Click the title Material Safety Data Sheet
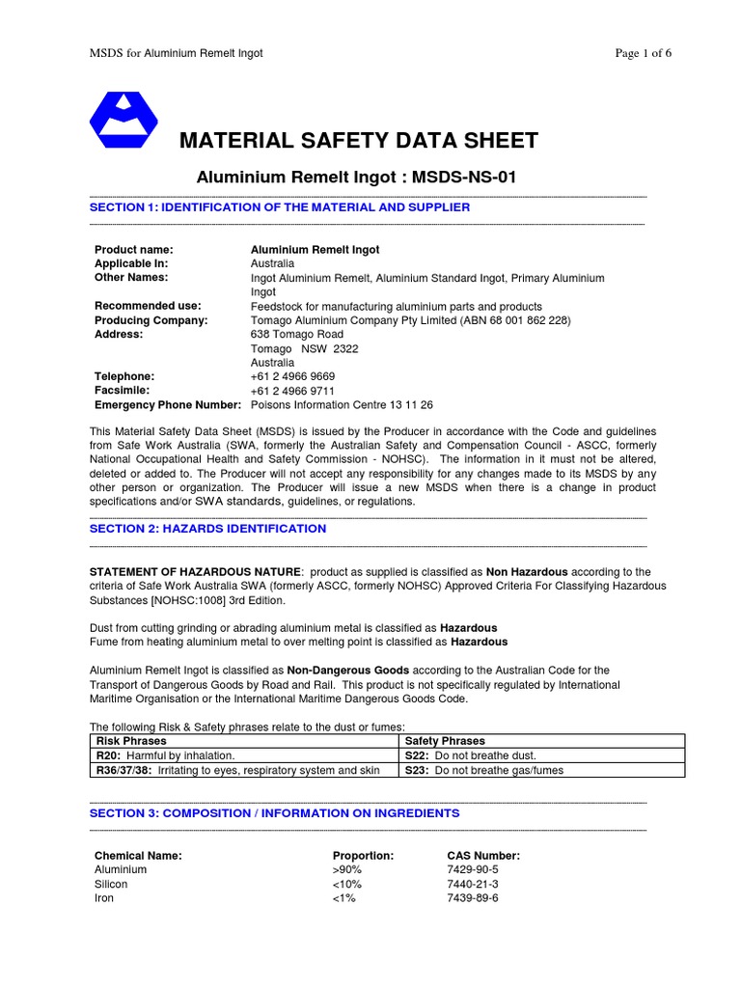tap(359, 141)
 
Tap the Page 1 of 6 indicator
tap(644, 53)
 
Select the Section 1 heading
tap(280, 207)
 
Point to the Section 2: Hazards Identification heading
tap(207, 529)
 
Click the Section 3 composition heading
tap(274, 813)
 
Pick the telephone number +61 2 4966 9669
tap(293, 376)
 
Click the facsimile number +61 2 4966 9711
tap(292, 391)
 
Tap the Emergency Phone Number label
tap(167, 405)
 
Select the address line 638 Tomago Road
tap(296, 335)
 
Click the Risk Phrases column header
tap(131, 741)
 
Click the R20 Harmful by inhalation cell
tap(165, 755)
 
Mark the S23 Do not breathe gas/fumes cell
tap(483, 770)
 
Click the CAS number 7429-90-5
tap(473, 869)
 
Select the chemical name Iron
tap(104, 898)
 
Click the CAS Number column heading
tap(483, 855)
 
